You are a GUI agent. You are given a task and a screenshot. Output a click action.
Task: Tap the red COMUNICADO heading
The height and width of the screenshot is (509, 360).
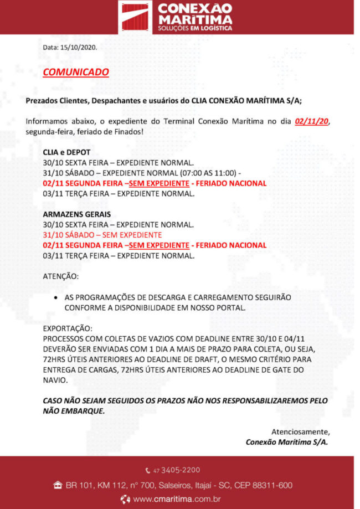click(75, 72)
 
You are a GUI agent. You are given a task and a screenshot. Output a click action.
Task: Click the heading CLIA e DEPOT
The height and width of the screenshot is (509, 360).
click(66, 152)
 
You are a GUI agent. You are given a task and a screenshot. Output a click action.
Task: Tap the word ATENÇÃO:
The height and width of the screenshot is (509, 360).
click(61, 276)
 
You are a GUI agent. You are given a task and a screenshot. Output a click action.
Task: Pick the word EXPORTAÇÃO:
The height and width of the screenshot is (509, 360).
click(68, 328)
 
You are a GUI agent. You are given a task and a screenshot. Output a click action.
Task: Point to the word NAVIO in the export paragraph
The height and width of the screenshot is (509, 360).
click(55, 381)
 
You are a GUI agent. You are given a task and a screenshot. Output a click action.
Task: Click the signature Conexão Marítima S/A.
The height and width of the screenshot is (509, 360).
click(287, 442)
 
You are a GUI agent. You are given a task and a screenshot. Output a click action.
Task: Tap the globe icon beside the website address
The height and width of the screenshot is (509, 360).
click(126, 499)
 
